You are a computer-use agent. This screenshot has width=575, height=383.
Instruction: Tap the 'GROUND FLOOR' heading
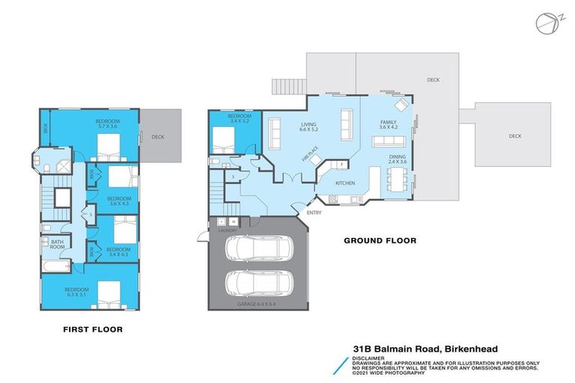tap(380, 241)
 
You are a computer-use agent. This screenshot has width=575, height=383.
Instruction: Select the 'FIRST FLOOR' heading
tap(93, 328)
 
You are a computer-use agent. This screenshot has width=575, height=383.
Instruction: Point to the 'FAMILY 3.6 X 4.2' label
tap(387, 124)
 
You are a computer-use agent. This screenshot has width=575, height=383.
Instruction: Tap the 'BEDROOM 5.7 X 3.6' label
tap(106, 123)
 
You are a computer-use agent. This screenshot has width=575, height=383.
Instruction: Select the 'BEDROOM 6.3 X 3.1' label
tap(76, 291)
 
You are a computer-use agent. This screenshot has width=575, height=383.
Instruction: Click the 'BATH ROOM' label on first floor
tap(56, 244)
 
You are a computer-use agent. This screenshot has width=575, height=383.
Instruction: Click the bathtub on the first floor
tap(55, 266)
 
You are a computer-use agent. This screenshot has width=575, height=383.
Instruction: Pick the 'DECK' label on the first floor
tap(157, 137)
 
